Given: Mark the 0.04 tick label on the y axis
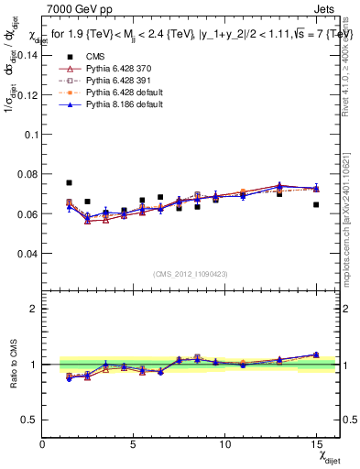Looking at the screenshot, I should [x=27, y=253].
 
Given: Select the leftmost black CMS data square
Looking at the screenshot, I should [x=70, y=183].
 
